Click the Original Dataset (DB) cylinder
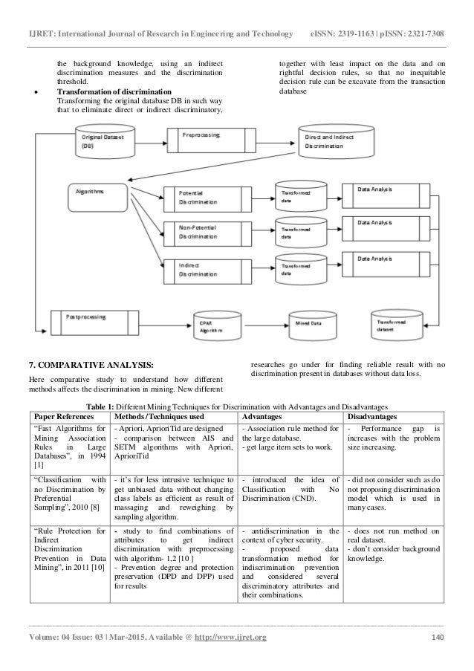pyautogui.click(x=104, y=142)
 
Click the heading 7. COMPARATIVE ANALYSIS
pyautogui.click(x=91, y=364)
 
